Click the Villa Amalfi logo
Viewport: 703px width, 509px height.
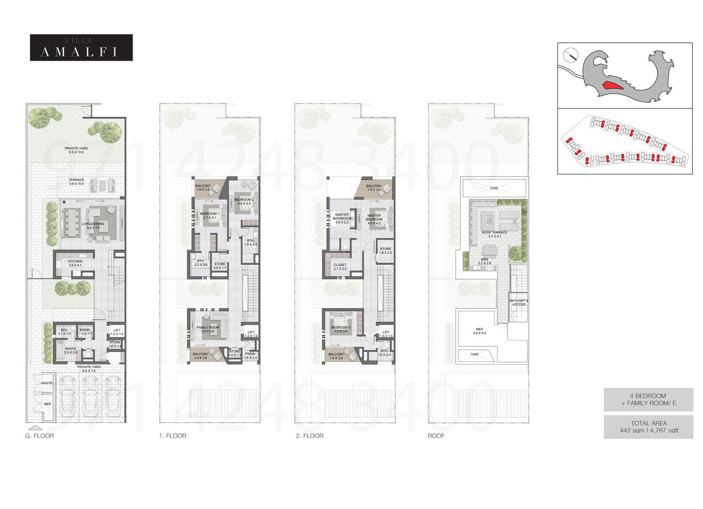tap(81, 48)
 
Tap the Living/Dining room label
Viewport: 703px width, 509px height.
tap(93, 226)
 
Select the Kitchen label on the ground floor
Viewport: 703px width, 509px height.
tap(75, 263)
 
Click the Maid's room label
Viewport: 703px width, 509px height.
tap(70, 351)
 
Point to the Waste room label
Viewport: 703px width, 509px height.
tap(47, 383)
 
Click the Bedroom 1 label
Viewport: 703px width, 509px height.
tap(209, 215)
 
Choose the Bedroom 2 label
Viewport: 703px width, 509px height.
tap(244, 201)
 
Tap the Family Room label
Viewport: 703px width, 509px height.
tap(208, 329)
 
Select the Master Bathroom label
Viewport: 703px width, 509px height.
tap(342, 218)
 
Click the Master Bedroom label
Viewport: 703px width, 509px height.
tap(374, 219)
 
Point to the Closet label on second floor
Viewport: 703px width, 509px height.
tap(340, 267)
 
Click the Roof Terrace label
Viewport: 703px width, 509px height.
tap(494, 234)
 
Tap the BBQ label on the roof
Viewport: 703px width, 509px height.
tap(485, 261)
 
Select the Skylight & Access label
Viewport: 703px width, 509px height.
tap(519, 302)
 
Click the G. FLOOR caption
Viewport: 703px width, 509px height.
tap(40, 436)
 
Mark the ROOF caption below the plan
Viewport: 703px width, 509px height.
tap(436, 436)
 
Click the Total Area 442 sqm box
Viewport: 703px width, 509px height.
tap(648, 427)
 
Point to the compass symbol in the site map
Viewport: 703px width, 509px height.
tap(570, 55)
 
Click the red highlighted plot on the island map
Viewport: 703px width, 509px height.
tap(612, 86)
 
